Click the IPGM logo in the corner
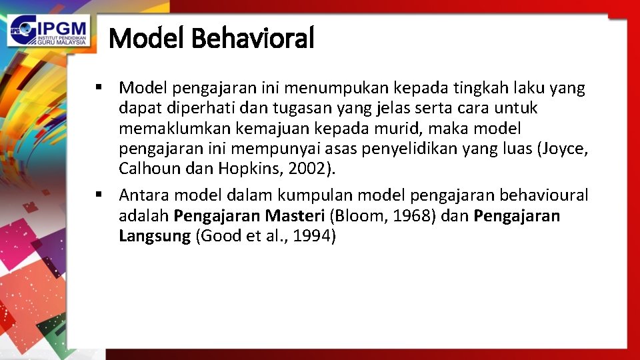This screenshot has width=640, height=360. (49, 30)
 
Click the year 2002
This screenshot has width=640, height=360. (313, 169)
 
